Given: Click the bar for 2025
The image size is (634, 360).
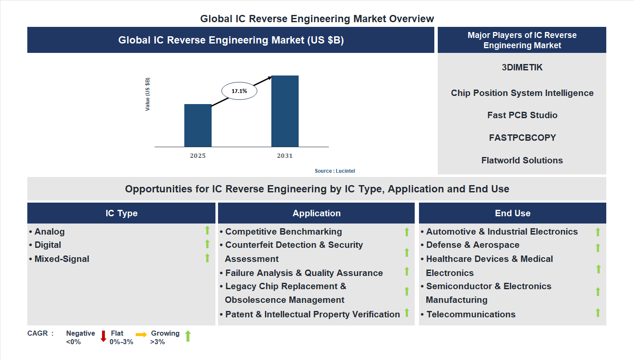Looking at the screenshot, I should (198, 125).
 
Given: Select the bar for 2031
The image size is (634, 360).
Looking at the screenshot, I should (285, 111).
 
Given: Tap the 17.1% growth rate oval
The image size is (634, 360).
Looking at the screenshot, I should (239, 91).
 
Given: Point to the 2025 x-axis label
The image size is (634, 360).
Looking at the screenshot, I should (198, 156).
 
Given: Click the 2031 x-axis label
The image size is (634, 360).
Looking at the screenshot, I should (285, 156).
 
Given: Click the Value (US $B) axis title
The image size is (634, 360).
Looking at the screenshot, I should (148, 94).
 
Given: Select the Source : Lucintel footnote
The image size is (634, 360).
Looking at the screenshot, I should (334, 171).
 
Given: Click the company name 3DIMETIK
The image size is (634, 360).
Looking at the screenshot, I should (522, 67).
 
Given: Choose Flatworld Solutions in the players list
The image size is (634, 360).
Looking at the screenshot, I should (522, 160).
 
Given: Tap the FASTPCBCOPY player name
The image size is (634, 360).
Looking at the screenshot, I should (522, 138).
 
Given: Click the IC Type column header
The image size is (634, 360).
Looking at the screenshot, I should (121, 213).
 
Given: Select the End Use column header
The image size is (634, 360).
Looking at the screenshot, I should (512, 213).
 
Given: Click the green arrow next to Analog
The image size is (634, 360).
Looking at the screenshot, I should (207, 230).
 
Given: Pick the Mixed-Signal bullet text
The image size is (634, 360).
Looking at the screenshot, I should (61, 259).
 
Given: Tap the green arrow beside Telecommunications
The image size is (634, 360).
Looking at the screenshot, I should (598, 313).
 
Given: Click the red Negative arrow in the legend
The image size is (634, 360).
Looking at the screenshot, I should (103, 336).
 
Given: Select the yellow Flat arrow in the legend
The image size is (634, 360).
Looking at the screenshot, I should (141, 335).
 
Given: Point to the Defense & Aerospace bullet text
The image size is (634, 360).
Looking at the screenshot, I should (472, 245).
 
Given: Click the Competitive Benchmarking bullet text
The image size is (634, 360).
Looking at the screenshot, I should (283, 232).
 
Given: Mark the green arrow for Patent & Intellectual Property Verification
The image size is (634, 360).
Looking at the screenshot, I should (407, 313).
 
